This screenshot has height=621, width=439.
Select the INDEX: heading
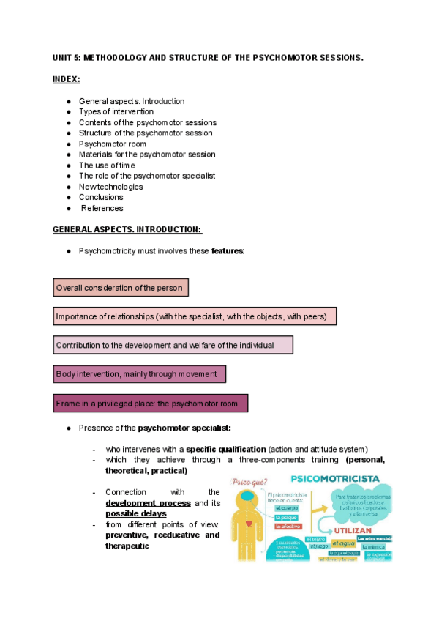click(67, 79)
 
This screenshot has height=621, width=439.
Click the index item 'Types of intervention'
click(116, 112)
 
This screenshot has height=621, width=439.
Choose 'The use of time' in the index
click(107, 165)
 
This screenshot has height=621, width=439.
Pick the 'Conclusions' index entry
click(101, 197)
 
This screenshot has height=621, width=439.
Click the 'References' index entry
click(102, 208)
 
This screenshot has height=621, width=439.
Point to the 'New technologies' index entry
click(110, 186)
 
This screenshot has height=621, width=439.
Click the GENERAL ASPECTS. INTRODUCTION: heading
click(127, 229)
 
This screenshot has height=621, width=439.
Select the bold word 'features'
click(227, 250)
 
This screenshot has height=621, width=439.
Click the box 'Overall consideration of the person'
click(121, 288)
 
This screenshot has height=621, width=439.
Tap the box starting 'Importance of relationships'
click(195, 316)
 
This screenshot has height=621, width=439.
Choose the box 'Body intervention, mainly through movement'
click(139, 374)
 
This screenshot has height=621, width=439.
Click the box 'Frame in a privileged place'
click(150, 404)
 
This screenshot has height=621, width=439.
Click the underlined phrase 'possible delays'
click(135, 513)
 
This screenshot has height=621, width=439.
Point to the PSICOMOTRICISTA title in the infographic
click(335, 478)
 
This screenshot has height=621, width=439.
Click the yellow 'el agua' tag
click(342, 543)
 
